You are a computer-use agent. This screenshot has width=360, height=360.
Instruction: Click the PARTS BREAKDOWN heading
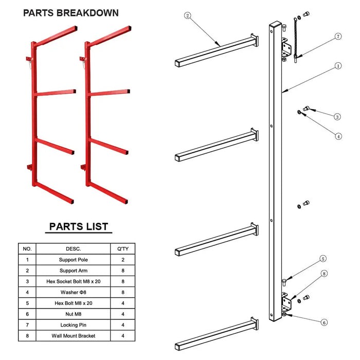click(71, 13)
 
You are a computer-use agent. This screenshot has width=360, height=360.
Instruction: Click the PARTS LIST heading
click(79, 226)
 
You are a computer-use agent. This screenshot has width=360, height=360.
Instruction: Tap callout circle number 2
click(188, 16)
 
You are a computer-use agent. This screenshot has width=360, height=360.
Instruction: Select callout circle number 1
click(338, 66)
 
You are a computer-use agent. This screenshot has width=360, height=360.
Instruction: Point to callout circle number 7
click(338, 37)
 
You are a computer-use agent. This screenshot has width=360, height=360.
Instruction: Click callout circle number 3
click(337, 117)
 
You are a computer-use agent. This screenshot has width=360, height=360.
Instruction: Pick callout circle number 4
click(338, 136)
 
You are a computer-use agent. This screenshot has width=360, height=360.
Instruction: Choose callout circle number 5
click(323, 259)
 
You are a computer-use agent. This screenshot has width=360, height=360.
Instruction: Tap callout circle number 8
click(325, 274)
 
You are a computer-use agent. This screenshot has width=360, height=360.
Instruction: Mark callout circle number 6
click(324, 322)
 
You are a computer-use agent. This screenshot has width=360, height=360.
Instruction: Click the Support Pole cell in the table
click(73, 260)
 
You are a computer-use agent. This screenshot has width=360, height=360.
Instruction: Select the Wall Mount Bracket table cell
click(73, 336)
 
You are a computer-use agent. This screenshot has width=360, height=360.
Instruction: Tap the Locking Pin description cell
click(73, 325)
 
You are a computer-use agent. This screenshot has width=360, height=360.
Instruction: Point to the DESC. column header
click(73, 248)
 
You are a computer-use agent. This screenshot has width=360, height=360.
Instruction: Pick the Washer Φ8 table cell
click(73, 293)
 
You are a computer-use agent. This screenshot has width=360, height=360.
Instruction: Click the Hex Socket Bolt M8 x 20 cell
click(73, 282)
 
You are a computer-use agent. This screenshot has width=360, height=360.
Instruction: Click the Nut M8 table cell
click(73, 314)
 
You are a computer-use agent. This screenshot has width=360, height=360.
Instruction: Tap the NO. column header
click(27, 248)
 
